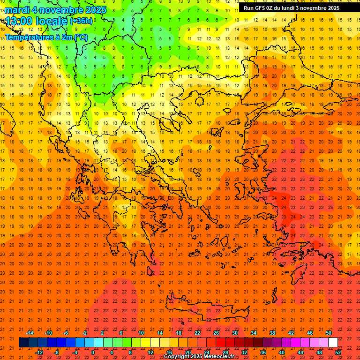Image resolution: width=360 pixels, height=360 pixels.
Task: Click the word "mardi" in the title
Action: pos(16,10)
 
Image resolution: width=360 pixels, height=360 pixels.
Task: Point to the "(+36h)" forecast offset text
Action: pos(81,21)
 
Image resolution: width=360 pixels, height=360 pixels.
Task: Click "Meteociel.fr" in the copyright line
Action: pos(216,357)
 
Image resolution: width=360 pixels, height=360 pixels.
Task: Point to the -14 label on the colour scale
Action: pos(30,333)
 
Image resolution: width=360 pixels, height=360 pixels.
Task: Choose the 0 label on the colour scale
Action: pos(92,352)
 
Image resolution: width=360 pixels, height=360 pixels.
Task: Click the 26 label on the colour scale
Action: pos(216,333)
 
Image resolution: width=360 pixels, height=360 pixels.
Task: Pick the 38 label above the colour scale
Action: pos(272,333)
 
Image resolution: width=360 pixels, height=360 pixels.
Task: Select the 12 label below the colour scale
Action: pos(150,352)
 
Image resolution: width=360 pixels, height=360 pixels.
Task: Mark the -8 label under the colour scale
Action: pos(56,352)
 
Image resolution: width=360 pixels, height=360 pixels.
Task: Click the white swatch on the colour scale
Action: pos(333,343)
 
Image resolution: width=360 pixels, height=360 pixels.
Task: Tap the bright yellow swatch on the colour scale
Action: pos(145,343)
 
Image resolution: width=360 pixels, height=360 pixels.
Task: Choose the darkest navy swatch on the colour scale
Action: pos(23,343)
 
